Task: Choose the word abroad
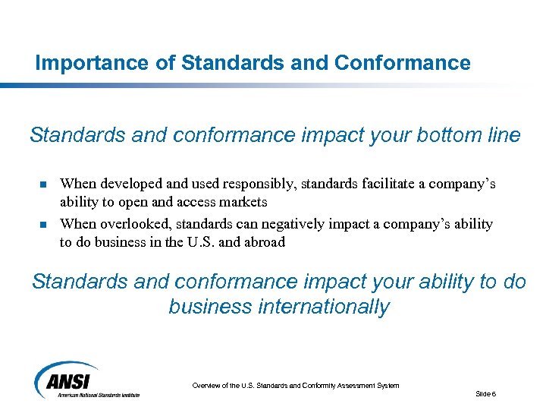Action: click(x=262, y=243)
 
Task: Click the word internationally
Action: click(x=319, y=307)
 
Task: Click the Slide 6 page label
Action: click(x=485, y=393)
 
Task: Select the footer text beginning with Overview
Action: click(x=295, y=386)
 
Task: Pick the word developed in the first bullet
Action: click(x=127, y=184)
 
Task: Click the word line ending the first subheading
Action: click(x=504, y=135)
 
